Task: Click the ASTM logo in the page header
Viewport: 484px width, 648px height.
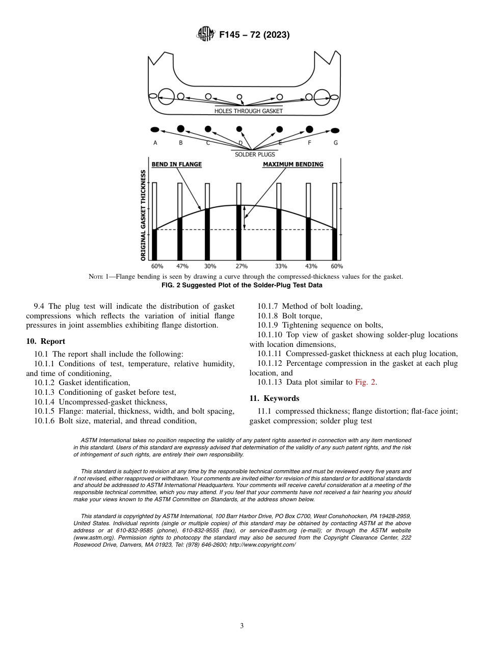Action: (206, 35)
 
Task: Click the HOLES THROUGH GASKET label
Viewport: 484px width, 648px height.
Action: (248, 111)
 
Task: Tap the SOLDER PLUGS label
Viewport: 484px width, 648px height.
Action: (255, 154)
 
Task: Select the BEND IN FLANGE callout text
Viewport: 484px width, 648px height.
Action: (176, 165)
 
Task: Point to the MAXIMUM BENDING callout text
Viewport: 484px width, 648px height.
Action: (293, 165)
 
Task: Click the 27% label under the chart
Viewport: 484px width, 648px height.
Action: (241, 266)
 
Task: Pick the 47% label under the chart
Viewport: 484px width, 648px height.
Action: (182, 266)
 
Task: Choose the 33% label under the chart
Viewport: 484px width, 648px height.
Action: (281, 266)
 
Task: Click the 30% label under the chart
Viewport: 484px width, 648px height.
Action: (210, 266)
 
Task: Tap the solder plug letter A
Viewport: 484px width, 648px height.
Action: (155, 143)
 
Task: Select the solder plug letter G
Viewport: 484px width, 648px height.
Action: (335, 143)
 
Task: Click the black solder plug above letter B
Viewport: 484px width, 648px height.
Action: (180, 128)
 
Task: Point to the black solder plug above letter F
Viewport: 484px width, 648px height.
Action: (309, 129)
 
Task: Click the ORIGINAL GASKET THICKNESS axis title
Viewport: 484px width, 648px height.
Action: (144, 215)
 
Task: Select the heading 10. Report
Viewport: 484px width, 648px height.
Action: (46, 341)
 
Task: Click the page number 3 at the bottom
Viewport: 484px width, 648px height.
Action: (242, 626)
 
